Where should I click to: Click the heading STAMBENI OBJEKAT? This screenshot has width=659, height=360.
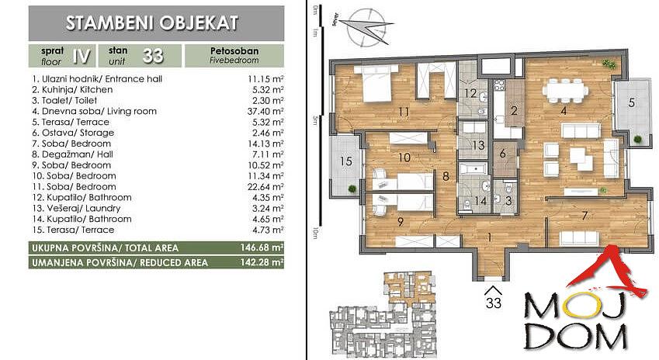151,23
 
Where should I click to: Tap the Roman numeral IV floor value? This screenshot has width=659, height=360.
82,56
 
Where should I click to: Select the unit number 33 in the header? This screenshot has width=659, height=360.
153,56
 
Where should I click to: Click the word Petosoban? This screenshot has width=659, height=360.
234,51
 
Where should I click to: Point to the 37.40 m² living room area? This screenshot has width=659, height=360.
265,111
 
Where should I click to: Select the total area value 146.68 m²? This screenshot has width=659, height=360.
262,247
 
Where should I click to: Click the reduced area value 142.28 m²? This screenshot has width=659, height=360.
262,262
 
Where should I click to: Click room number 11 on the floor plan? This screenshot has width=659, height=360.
404,112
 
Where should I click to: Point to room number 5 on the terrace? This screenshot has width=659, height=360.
631,102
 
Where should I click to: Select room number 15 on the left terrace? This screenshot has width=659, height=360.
346,161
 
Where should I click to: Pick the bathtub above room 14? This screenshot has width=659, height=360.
473,170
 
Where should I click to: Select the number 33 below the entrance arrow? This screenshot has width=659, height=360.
494,303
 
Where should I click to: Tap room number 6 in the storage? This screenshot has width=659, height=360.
503,154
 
